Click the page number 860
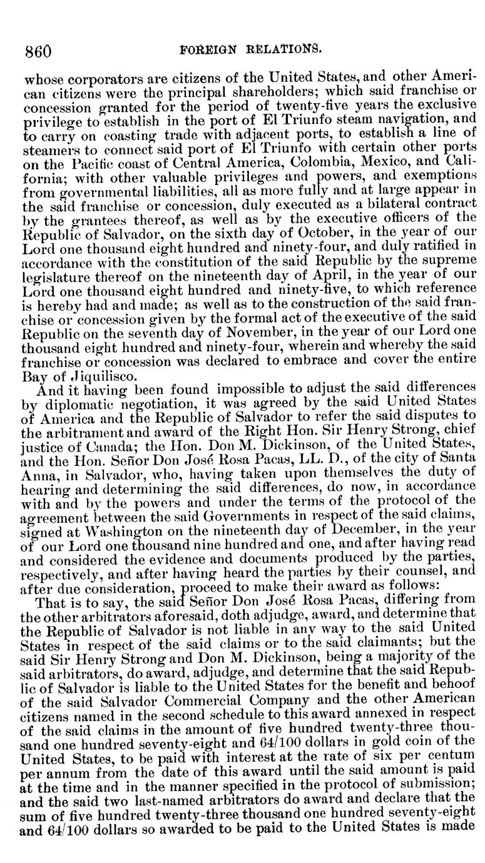point(37,49)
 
